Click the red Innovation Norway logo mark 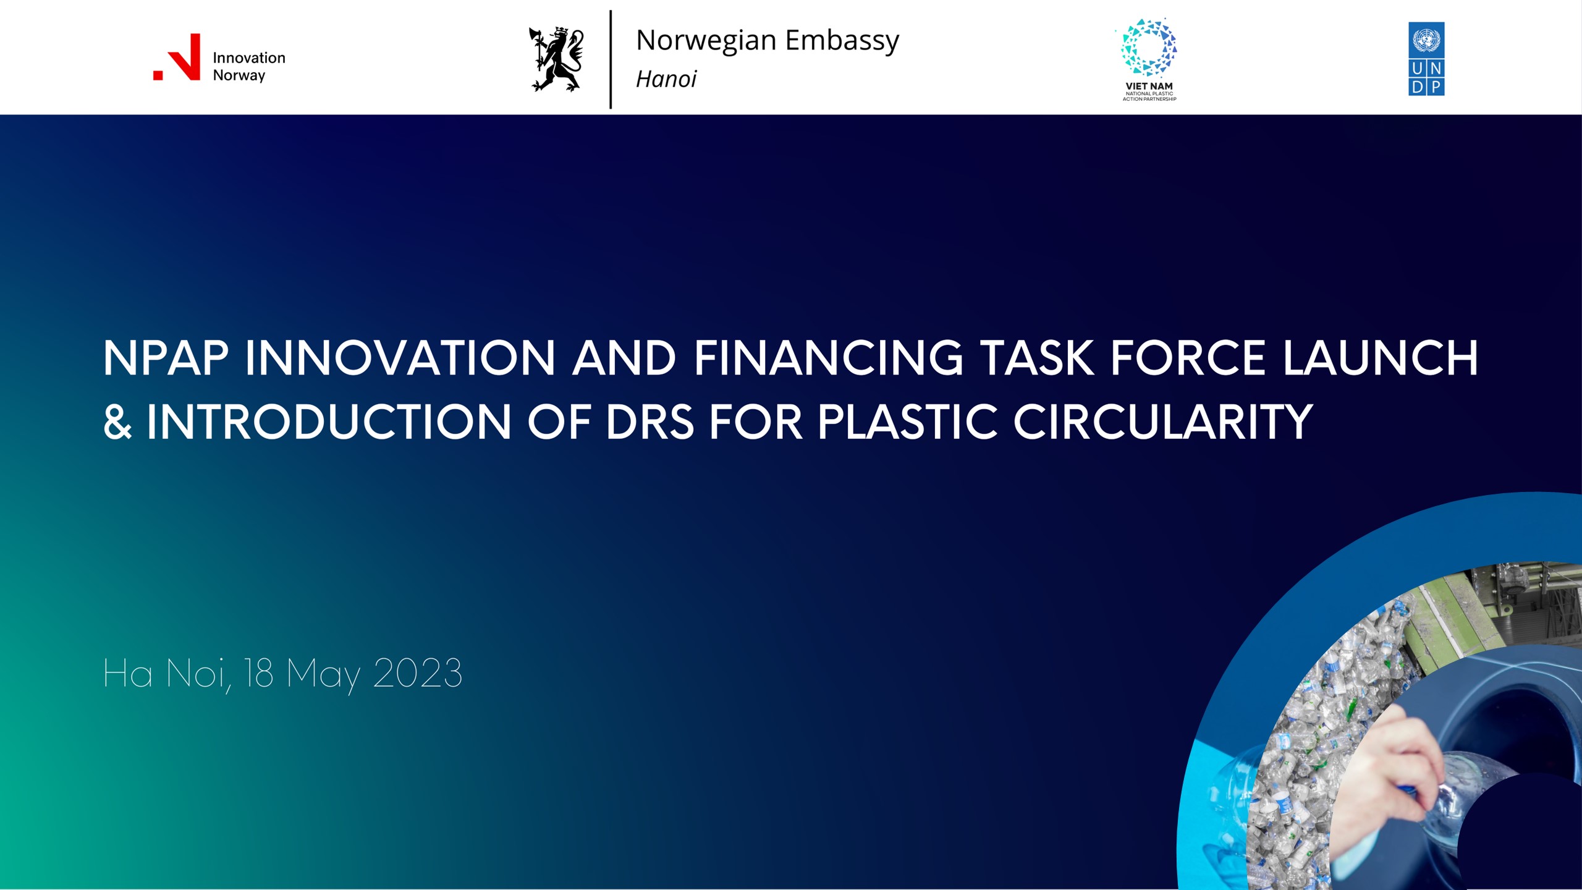click(x=177, y=57)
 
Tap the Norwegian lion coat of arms click(x=556, y=59)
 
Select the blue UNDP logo click(x=1426, y=59)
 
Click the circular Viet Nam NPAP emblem click(x=1149, y=47)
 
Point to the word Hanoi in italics click(x=666, y=79)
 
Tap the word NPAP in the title click(x=166, y=358)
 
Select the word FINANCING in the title click(x=829, y=358)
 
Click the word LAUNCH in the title click(x=1381, y=358)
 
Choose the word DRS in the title click(x=650, y=422)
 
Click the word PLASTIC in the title click(x=908, y=422)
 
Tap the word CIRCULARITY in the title click(x=1163, y=422)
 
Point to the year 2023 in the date click(x=418, y=673)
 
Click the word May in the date click(x=323, y=676)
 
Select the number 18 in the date click(x=258, y=673)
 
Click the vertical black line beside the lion click(x=611, y=59)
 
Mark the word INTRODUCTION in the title click(x=329, y=422)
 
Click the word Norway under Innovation click(x=239, y=75)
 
